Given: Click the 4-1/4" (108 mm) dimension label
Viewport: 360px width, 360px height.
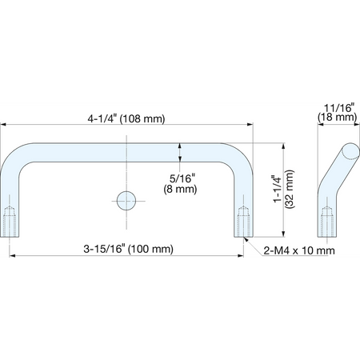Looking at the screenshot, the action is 126,118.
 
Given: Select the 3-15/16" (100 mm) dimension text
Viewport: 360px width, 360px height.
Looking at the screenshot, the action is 128,249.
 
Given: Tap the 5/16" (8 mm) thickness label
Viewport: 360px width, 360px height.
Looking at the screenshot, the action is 180,184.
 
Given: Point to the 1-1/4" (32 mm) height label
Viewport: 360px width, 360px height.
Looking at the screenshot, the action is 283,189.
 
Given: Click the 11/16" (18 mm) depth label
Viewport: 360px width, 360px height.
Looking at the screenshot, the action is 338,113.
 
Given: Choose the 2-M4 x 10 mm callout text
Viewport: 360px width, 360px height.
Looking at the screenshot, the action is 299,250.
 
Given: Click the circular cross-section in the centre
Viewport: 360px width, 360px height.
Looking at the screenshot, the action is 126,201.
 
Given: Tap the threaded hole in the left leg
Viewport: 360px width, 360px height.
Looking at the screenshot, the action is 10,222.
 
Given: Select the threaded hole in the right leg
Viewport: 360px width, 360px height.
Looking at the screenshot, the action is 243,222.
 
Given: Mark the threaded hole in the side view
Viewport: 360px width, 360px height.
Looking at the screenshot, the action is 327,222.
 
